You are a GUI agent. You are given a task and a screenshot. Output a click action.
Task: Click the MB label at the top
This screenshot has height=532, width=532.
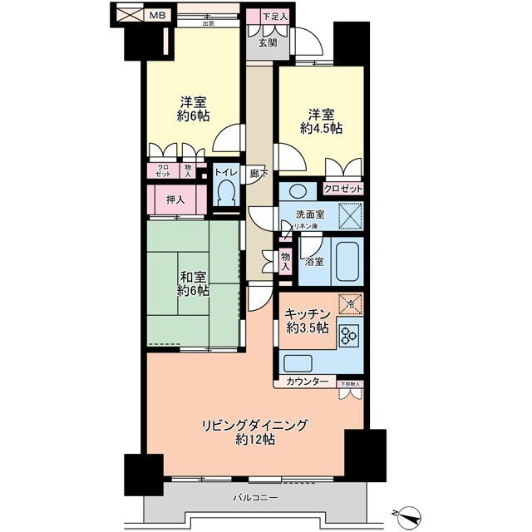[x=156, y=15]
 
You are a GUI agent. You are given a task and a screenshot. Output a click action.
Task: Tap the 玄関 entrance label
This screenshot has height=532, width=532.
[x=268, y=43]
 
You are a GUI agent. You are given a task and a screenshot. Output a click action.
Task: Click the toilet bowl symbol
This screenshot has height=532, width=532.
[x=225, y=194]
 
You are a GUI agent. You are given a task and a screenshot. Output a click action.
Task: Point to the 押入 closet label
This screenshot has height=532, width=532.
[x=175, y=199]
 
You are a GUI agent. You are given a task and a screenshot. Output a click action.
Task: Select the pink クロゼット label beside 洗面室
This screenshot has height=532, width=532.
[x=342, y=189]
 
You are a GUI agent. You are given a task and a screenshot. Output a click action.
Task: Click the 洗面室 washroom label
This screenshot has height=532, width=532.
[x=309, y=213]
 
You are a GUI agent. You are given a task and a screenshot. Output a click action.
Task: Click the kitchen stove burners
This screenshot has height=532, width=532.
[x=347, y=336]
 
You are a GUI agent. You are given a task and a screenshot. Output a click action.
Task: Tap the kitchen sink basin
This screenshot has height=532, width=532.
[x=298, y=362]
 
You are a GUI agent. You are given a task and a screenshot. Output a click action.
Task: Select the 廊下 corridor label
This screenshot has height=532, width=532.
[x=259, y=175]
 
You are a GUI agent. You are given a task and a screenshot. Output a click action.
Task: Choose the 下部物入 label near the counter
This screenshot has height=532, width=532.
[x=351, y=384]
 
